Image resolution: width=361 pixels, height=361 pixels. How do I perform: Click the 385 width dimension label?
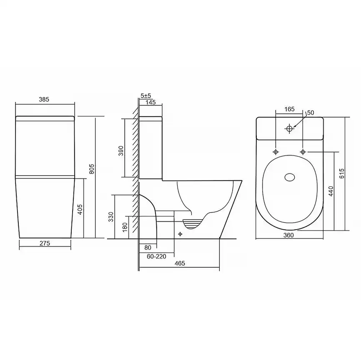[x=44, y=100]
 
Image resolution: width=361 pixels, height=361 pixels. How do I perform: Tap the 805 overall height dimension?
[x=92, y=169]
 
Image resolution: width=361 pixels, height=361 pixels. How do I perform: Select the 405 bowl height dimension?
[x=80, y=209]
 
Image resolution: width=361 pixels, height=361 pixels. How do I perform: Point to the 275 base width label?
[x=45, y=243]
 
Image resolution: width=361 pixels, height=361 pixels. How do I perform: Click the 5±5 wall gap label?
[x=146, y=95]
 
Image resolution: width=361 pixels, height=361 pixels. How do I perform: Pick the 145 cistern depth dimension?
[x=151, y=102]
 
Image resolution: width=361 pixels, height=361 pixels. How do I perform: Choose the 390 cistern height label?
[x=121, y=150]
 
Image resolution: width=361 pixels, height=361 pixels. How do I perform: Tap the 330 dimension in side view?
[x=111, y=217]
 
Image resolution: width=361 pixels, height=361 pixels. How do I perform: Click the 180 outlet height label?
[x=125, y=227]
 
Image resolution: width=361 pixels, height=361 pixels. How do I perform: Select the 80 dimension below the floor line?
[x=148, y=248]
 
